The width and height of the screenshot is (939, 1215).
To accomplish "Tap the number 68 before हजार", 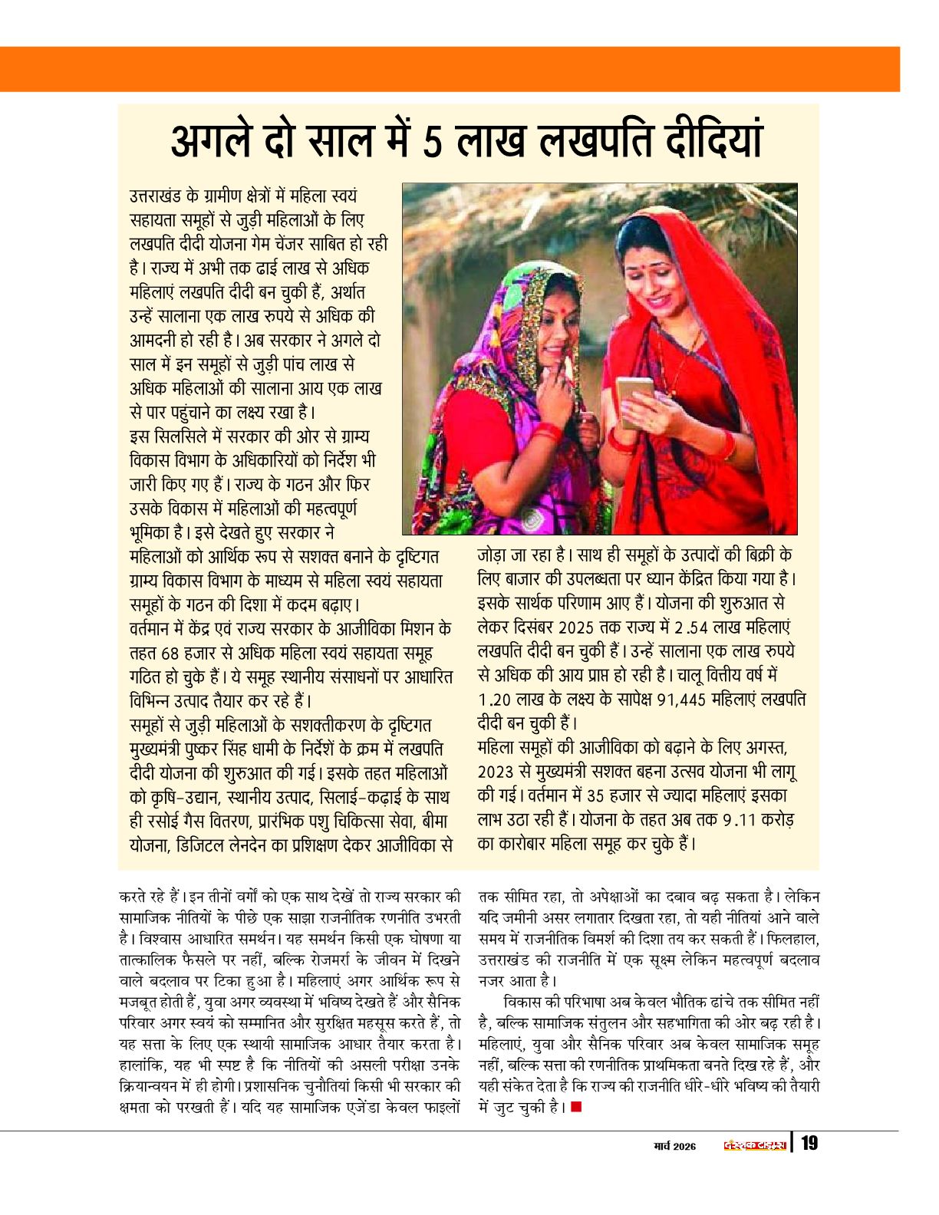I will pyautogui.click(x=170, y=654).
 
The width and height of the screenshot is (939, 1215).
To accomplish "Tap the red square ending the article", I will pyautogui.click(x=576, y=1106).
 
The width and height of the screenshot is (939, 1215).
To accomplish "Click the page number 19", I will pyautogui.click(x=809, y=1144).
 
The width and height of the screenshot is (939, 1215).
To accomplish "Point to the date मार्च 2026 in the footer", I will pyautogui.click(x=674, y=1146).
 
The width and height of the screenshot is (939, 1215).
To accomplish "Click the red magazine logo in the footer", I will pyautogui.click(x=755, y=1145).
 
